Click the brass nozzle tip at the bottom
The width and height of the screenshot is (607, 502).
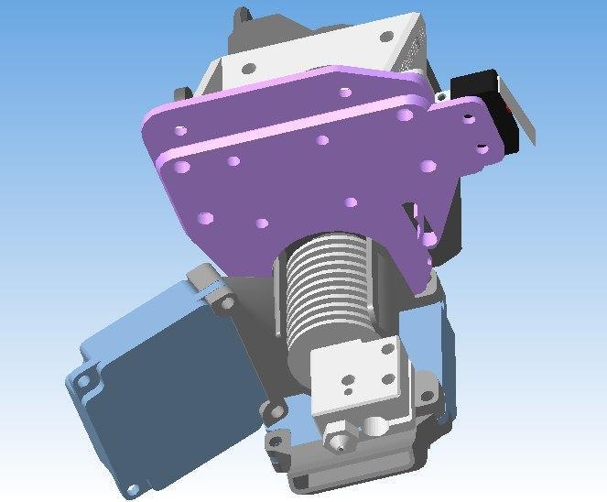[x=341, y=444]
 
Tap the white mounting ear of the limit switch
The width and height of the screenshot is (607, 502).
[x=443, y=96]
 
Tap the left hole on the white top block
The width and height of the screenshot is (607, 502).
[x=248, y=66]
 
